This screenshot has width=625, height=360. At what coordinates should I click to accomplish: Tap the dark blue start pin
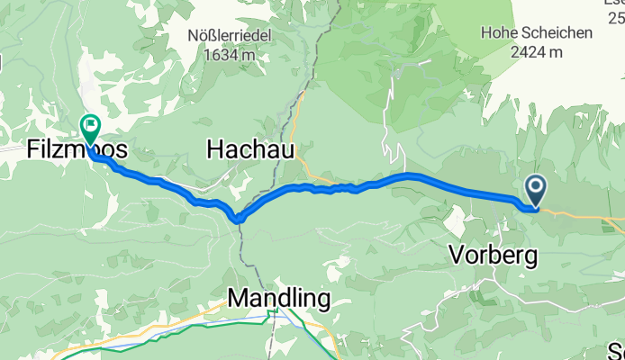click(535, 188)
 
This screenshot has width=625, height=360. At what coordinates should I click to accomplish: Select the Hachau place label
click(251, 149)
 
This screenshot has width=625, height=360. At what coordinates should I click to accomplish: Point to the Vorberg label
click(493, 256)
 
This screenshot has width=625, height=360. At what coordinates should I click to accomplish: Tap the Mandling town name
click(278, 297)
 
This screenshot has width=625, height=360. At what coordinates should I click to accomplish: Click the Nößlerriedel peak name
click(230, 36)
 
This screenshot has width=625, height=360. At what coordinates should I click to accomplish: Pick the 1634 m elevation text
click(230, 54)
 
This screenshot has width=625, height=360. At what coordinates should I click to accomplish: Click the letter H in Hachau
click(215, 149)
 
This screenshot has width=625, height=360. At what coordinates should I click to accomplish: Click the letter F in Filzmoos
click(30, 149)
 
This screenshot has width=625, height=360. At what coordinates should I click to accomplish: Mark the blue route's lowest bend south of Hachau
click(239, 218)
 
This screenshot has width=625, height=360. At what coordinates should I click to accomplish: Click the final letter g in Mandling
click(322, 300)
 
